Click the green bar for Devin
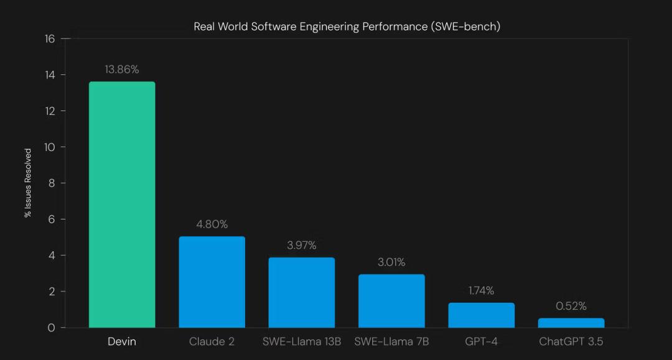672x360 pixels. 122,205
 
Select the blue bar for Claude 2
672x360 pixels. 212,282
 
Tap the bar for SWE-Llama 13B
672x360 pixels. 302,292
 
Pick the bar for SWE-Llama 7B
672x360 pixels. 391,301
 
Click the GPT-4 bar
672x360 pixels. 481,315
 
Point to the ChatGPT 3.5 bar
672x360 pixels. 571,323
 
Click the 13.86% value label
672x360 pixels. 122,70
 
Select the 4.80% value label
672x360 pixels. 212,224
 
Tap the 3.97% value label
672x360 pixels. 302,246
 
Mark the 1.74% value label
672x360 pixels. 481,290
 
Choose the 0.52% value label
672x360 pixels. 571,306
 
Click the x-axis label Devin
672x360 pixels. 122,342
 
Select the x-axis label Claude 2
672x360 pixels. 212,342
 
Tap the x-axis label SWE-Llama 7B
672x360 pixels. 391,342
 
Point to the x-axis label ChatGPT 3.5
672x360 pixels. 571,342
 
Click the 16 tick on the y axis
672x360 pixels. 50,39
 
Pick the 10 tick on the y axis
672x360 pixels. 50,147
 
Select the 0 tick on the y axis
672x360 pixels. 51,328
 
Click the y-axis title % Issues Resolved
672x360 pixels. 28,183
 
